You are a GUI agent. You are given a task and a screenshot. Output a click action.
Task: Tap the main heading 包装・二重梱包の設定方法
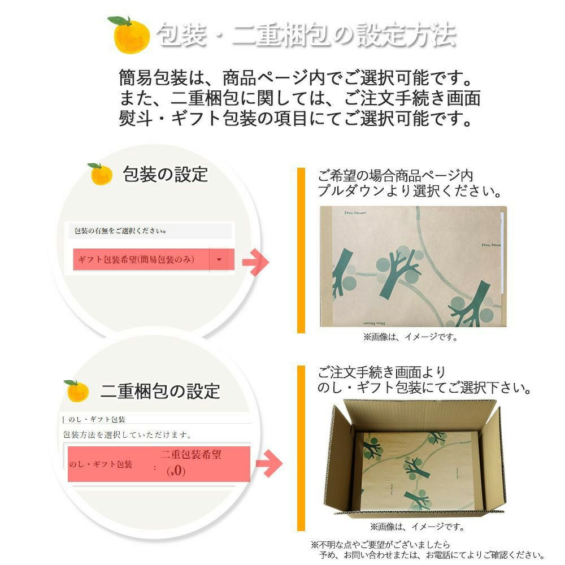[305, 35]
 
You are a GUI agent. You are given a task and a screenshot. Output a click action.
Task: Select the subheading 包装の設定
[166, 174]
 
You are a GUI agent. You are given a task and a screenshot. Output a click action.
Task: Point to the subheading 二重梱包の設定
[160, 391]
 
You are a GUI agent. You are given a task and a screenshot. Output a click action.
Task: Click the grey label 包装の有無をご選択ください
[121, 231]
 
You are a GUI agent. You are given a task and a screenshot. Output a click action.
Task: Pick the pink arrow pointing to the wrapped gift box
[255, 262]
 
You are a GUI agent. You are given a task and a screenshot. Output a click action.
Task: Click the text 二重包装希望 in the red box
[190, 455]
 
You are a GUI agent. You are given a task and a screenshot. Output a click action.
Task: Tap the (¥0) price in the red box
[176, 471]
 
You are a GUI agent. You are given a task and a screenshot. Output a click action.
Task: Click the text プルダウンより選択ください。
[410, 191]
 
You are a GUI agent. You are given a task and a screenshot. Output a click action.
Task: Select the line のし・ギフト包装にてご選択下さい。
[424, 389]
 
